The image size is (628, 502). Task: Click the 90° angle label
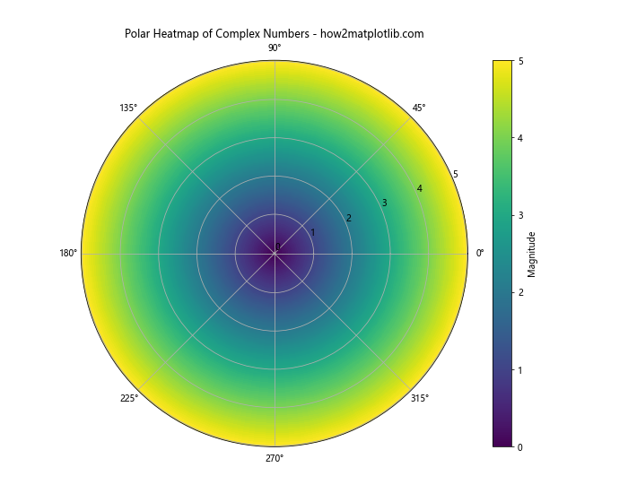pyautogui.click(x=275, y=48)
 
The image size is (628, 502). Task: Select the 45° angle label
pyautogui.click(x=418, y=108)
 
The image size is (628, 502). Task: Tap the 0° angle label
pyautogui.click(x=480, y=254)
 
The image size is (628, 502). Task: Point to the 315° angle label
pyautogui.click(x=419, y=398)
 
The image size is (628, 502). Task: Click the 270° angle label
pyautogui.click(x=275, y=459)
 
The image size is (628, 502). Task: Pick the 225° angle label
pyautogui.click(x=129, y=398)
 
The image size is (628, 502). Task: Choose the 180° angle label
pyautogui.click(x=68, y=254)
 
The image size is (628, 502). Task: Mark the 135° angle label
pyautogui.click(x=129, y=108)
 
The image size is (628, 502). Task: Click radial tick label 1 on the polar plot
pyautogui.click(x=312, y=233)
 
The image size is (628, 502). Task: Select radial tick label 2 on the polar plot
pyautogui.click(x=348, y=218)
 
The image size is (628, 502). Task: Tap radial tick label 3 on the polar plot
pyautogui.click(x=384, y=203)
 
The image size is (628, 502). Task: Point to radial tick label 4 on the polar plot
pyautogui.click(x=419, y=188)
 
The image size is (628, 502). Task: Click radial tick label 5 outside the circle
pyautogui.click(x=455, y=174)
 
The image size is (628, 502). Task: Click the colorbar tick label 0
pyautogui.click(x=519, y=446)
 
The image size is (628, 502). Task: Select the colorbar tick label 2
pyautogui.click(x=519, y=292)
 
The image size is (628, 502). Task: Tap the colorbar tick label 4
pyautogui.click(x=519, y=138)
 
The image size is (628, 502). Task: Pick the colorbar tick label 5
pyautogui.click(x=519, y=61)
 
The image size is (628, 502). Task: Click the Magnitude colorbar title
pyautogui.click(x=532, y=254)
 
